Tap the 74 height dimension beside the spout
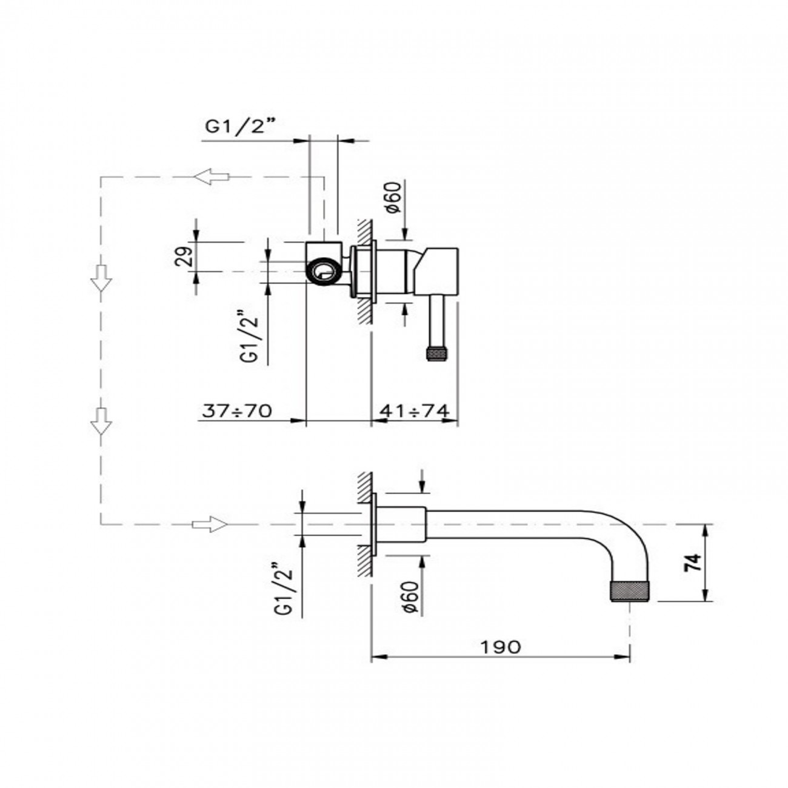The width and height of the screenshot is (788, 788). [x=693, y=563]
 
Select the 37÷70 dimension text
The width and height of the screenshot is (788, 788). [x=237, y=410]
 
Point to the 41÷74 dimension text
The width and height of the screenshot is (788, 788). [x=414, y=410]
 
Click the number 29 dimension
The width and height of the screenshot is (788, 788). [x=184, y=256]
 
